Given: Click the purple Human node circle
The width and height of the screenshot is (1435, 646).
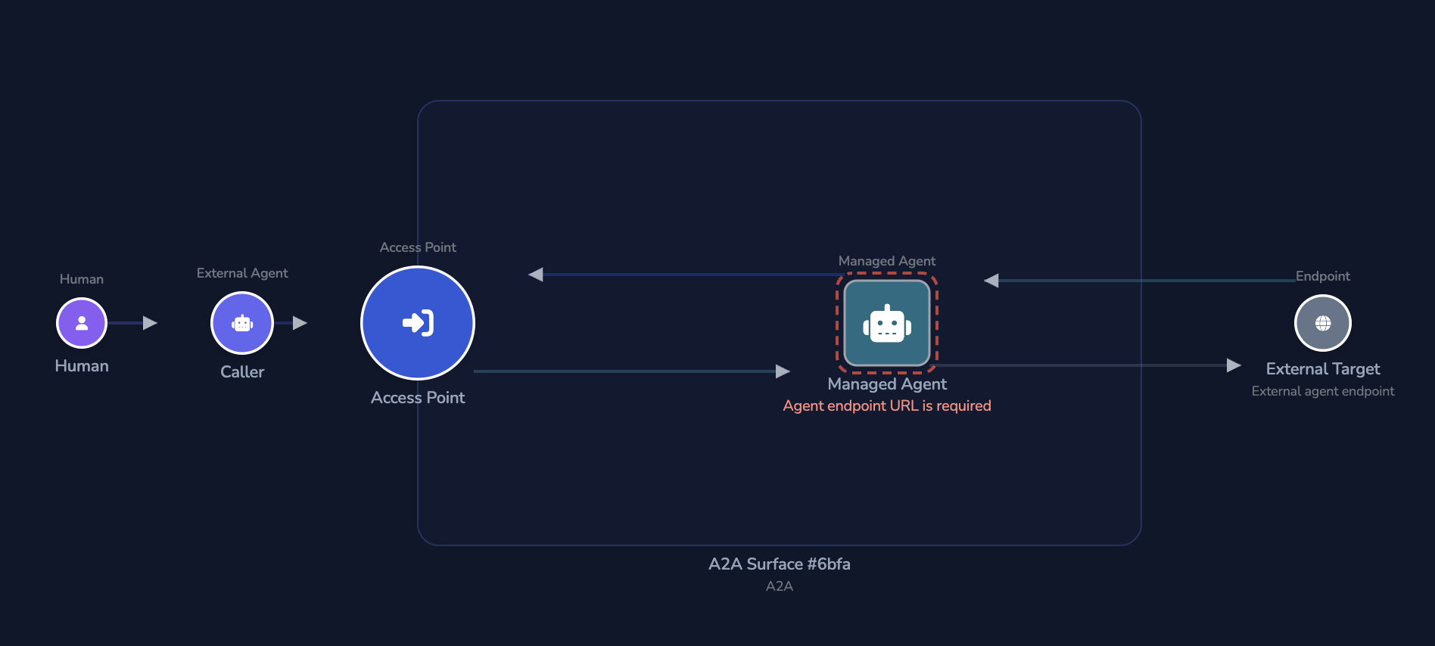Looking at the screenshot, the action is tap(82, 323).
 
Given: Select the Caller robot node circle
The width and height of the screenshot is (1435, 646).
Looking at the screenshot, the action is tap(242, 323).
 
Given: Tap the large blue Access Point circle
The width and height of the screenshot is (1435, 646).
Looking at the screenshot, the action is tap(418, 323).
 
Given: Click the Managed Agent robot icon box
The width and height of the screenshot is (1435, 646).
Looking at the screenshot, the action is tap(887, 323).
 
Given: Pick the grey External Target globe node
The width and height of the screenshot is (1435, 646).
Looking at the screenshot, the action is tap(1323, 323).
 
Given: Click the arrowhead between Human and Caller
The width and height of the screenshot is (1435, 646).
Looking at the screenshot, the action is tap(150, 323).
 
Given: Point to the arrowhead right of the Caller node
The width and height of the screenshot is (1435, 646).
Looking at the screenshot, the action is tap(300, 323).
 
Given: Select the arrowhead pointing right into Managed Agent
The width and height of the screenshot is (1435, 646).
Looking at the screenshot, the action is tap(783, 371).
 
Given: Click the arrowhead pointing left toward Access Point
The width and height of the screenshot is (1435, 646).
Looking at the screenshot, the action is tap(536, 275).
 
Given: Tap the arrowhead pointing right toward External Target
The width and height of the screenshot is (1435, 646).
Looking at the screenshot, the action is tap(1234, 365).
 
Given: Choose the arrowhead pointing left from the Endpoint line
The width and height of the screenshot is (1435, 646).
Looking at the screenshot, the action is tap(991, 281).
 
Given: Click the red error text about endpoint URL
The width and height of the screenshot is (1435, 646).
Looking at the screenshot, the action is tap(887, 406).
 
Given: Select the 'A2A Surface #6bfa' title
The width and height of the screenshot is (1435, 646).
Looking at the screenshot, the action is tap(780, 564).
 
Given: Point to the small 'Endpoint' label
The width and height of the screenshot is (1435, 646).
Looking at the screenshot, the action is tap(1323, 276).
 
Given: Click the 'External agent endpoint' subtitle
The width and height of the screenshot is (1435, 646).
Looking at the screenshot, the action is tap(1323, 391).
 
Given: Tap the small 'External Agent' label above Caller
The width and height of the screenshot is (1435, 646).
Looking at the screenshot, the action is tap(242, 273).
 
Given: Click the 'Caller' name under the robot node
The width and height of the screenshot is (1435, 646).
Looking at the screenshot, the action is tap(242, 372).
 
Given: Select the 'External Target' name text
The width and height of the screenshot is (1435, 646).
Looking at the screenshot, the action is tap(1323, 369).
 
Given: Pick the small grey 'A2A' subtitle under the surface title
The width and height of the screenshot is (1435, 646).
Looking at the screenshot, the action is tap(780, 586).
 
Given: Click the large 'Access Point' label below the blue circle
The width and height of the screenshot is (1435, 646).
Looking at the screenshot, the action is tap(418, 398).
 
